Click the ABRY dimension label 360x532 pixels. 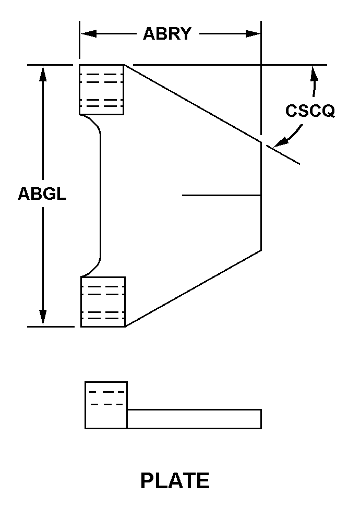[x=167, y=34]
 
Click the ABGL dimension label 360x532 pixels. [x=42, y=194]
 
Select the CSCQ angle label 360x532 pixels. [x=310, y=111]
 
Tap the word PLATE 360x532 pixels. [x=175, y=480]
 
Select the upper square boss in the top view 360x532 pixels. [x=102, y=90]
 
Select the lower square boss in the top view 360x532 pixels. [x=103, y=301]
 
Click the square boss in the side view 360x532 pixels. [x=106, y=405]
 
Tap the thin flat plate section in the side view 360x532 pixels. [x=194, y=419]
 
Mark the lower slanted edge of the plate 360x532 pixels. [x=193, y=288]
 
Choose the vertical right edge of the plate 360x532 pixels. [x=261, y=209]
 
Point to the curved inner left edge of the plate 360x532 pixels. [x=100, y=196]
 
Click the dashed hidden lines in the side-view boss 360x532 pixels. [x=106, y=397]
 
